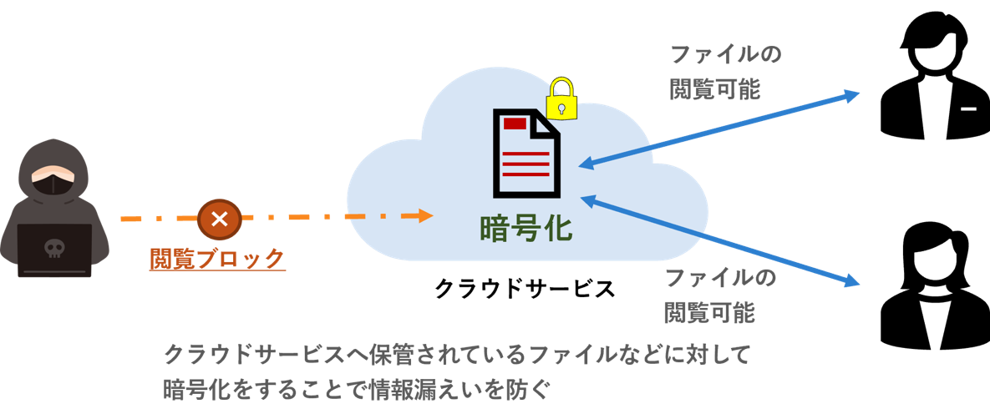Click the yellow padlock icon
562,99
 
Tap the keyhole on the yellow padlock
562,107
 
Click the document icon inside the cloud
525,154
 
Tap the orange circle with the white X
219,219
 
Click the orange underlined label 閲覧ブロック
217,260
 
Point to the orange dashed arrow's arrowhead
426,216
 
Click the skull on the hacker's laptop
54,248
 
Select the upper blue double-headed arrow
718,129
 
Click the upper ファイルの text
725,55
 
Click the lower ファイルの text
719,278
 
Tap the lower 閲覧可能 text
709,313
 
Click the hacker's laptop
54,250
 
